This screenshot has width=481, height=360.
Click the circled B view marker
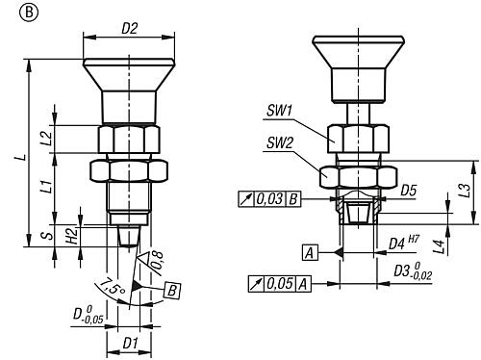(x=29, y=13)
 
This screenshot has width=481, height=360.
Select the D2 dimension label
(x=129, y=29)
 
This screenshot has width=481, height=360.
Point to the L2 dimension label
(x=47, y=139)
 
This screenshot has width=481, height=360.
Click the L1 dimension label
(x=47, y=187)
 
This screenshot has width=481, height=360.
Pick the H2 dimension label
(x=73, y=236)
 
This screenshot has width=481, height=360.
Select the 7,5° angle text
(x=113, y=287)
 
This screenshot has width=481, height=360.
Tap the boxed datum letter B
(x=172, y=291)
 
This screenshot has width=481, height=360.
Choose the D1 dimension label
(x=130, y=344)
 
